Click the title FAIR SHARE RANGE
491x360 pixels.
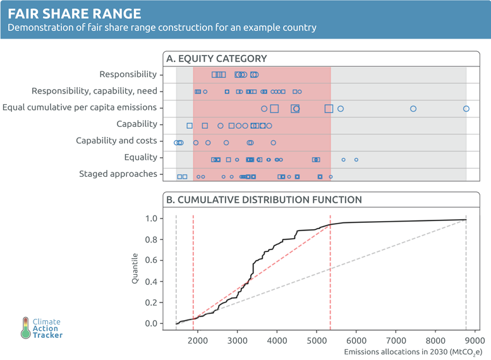[x=75, y=13]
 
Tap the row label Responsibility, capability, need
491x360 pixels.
[x=94, y=91]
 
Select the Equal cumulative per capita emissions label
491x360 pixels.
[x=80, y=107]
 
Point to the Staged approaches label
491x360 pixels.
[x=118, y=174]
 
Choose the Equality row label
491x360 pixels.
[x=139, y=157]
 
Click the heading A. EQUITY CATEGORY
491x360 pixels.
[x=216, y=59]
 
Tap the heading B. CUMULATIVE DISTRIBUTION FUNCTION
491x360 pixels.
[x=264, y=200]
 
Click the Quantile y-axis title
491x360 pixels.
[x=135, y=268]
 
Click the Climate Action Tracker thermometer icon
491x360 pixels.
[x=25, y=328]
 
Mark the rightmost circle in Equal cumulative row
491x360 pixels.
[x=466, y=109]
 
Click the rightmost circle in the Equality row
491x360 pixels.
[x=356, y=160]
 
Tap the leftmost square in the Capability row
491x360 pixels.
[x=190, y=126]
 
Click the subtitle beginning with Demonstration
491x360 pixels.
[x=162, y=28]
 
